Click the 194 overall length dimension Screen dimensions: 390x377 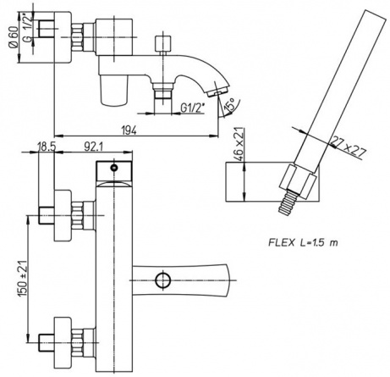pos(129,130)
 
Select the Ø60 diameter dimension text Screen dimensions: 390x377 pos(14,37)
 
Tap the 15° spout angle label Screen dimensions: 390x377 pos(229,104)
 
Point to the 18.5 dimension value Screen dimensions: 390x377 pos(47,147)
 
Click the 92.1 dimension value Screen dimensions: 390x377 pos(94,147)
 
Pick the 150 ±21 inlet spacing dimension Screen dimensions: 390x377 pos(23,278)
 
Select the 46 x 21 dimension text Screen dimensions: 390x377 pos(239,144)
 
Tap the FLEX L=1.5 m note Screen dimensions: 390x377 pos(303,242)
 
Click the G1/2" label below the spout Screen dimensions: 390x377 pos(192,108)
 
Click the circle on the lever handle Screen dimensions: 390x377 pos(163,280)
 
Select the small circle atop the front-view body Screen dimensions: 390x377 pos(114,168)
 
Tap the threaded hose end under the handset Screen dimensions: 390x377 pos(288,202)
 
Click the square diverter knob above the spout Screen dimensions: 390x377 pos(163,43)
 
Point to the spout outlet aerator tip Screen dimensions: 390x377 pos(217,91)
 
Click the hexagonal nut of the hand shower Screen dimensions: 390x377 pos(298,181)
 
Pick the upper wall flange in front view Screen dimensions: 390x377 pos(63,215)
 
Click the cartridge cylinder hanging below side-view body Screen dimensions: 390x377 pos(113,91)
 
